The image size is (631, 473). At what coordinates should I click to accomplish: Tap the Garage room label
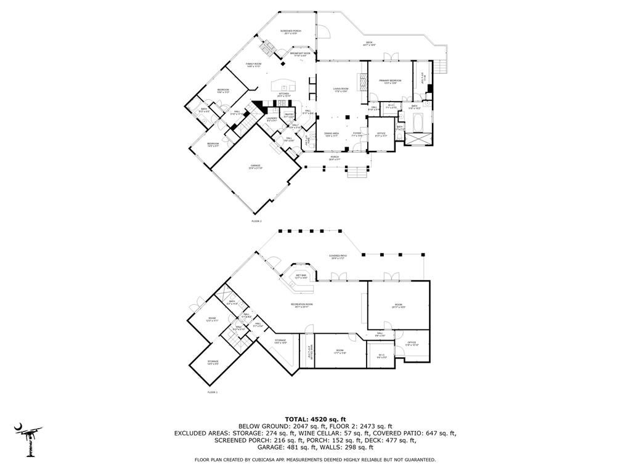point(255,167)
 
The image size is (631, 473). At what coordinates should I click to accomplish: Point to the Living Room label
point(341,90)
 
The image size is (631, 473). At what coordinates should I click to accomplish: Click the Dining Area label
point(332,134)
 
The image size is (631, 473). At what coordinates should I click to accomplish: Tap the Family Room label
point(254,65)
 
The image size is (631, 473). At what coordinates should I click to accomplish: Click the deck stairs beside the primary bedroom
point(441,67)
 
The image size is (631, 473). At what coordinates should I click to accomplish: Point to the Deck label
point(369,44)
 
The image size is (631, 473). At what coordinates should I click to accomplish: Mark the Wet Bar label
point(301,277)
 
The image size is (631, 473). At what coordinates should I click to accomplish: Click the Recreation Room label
point(302,305)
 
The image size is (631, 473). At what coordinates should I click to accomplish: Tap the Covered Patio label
point(337,257)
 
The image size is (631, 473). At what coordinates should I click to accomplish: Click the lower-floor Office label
point(412,344)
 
